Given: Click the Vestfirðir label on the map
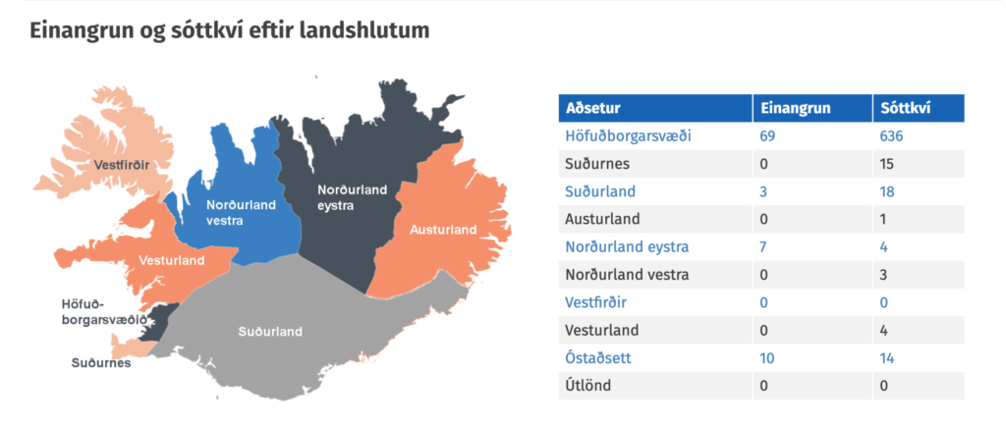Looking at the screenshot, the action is coord(121,166).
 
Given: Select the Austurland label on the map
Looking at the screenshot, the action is coord(444,230).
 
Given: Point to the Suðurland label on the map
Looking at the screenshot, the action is coord(270,332).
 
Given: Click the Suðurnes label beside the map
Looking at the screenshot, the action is coord(101,363).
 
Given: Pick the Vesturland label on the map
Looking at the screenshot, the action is coord(172,260).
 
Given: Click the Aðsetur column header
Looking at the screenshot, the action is coord(592,108).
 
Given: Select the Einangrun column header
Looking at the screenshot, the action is coord(796,108).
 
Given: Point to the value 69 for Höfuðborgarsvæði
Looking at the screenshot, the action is coord(768,135).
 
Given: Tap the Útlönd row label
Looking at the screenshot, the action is coord(587,386).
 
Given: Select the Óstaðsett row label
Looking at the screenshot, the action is coord(598,357).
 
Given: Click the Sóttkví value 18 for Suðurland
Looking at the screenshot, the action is coord(887,191).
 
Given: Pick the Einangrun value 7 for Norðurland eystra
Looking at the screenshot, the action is coord(763,246).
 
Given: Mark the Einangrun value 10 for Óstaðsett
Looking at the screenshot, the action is coord(766,357).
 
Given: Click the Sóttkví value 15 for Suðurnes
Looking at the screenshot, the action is coord(887,164).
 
